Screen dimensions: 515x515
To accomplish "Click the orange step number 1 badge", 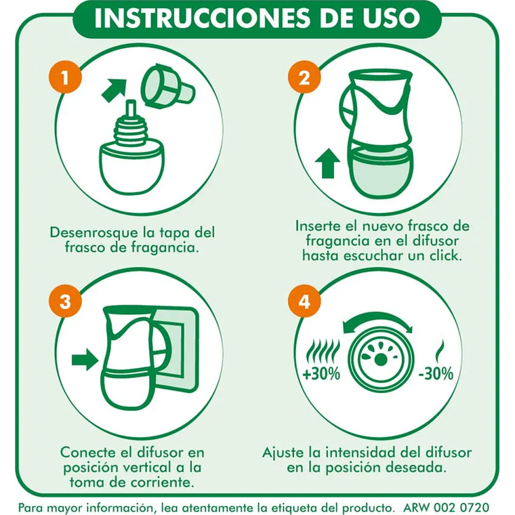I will (66, 79).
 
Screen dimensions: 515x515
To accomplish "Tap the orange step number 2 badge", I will (304, 79).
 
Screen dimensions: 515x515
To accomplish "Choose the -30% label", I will (437, 374).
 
